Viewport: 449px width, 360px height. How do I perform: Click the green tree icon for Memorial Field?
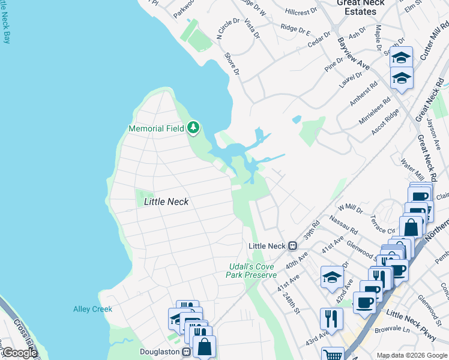point(193,128)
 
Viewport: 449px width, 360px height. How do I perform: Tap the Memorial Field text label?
point(157,128)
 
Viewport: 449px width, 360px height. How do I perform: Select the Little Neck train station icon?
point(293,246)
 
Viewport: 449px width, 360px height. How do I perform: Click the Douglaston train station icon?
point(186,352)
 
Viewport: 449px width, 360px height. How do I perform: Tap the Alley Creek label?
point(92,309)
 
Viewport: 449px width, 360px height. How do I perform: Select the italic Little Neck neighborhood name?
point(166,202)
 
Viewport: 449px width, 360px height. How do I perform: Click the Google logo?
point(19,353)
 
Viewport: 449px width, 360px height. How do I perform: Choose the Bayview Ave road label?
point(354,52)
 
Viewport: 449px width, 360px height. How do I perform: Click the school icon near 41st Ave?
point(332,277)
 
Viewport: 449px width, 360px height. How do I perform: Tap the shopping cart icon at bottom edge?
point(332,355)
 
